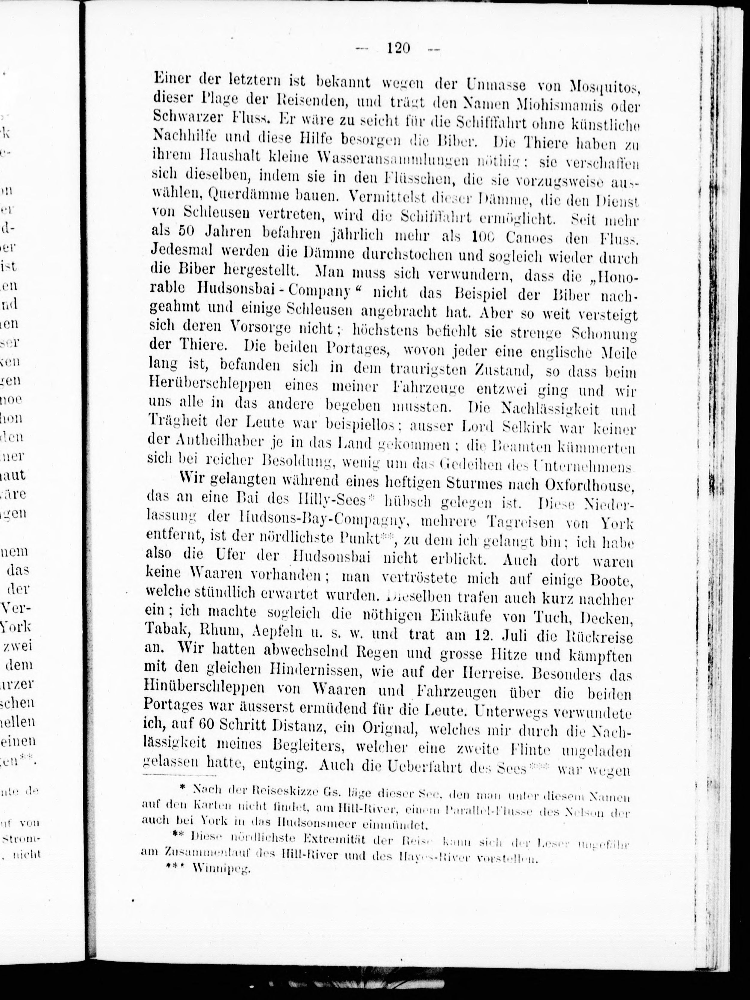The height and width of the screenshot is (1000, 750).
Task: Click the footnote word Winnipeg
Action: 221,869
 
